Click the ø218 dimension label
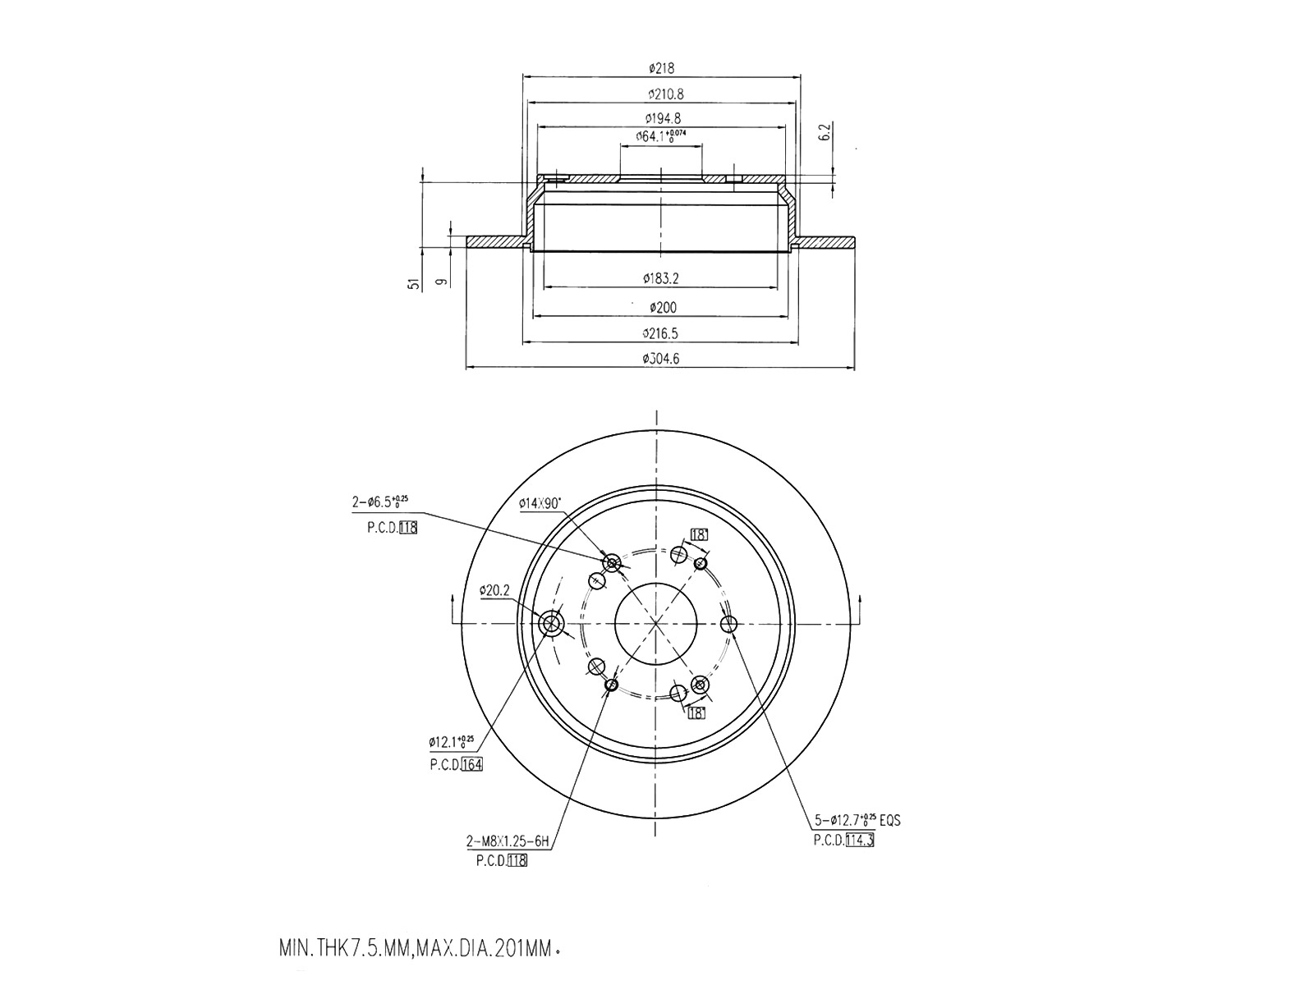tap(660, 68)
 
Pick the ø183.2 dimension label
tap(660, 279)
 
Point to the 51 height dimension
tap(416, 284)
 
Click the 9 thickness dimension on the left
tap(443, 282)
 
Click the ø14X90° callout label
tap(540, 502)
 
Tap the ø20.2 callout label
tap(495, 589)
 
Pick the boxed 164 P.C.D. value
tap(471, 765)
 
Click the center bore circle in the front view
tap(656, 625)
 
